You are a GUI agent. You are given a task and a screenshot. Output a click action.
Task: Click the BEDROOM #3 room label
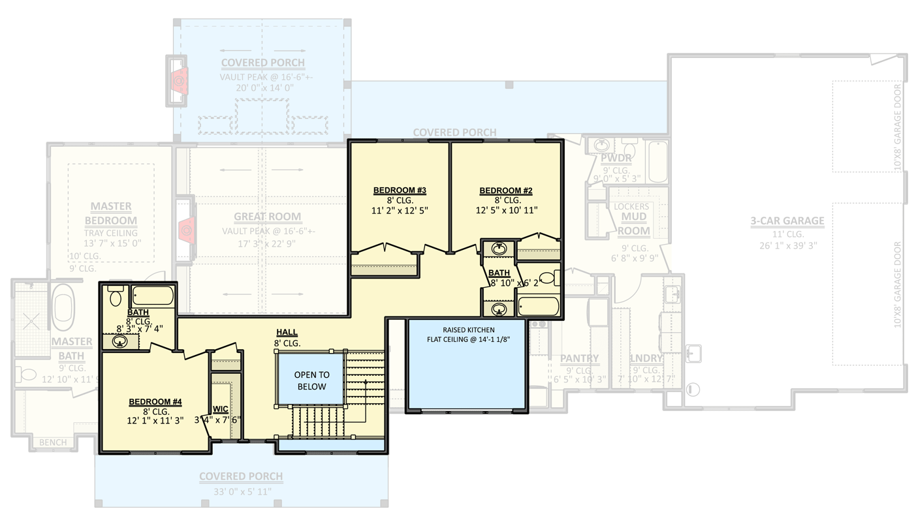click(x=400, y=191)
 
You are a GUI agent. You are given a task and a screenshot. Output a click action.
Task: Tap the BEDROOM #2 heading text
click(x=506, y=191)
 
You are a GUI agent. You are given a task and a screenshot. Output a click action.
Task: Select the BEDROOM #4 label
click(x=155, y=402)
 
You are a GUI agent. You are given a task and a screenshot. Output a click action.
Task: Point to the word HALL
click(x=287, y=333)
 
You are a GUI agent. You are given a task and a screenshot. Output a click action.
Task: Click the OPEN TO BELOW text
click(x=311, y=381)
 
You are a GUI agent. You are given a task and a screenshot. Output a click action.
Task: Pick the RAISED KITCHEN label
click(x=468, y=330)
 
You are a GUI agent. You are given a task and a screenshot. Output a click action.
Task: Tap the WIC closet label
click(x=221, y=409)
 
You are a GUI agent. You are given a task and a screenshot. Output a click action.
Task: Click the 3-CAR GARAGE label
click(x=787, y=221)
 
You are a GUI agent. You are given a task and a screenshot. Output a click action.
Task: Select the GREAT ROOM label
click(x=268, y=217)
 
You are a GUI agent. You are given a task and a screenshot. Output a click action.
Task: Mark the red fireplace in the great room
click(x=185, y=230)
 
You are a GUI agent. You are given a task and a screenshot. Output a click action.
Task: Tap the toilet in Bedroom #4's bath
click(x=116, y=297)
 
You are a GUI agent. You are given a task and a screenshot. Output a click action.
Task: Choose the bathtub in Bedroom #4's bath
click(x=152, y=296)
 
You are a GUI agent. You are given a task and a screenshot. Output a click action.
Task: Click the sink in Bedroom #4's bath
click(x=119, y=341)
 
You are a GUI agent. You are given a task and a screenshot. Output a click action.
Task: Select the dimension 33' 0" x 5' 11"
click(x=241, y=491)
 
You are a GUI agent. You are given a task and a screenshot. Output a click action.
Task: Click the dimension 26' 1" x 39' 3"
click(x=787, y=245)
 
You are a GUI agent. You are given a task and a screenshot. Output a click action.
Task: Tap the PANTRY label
click(x=579, y=358)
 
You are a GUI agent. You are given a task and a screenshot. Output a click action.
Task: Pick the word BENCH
click(x=53, y=442)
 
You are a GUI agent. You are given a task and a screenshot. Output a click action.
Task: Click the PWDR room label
click(x=616, y=159)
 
